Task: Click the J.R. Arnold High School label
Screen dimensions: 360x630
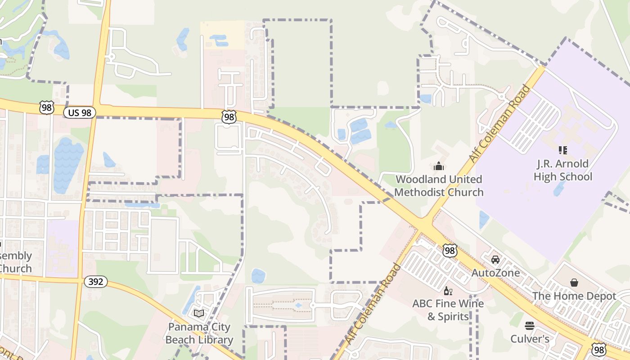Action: tap(562, 170)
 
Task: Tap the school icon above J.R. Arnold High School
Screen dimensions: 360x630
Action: tap(562, 150)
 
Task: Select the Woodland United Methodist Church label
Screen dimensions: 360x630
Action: tap(439, 186)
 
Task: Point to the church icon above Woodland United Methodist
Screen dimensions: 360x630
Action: tap(439, 166)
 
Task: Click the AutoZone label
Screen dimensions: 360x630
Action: tap(495, 273)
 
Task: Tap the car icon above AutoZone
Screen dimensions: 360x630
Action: tap(495, 260)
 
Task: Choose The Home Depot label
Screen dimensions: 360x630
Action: tap(574, 296)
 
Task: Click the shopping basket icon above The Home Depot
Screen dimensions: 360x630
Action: tap(574, 283)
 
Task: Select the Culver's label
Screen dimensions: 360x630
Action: tap(530, 338)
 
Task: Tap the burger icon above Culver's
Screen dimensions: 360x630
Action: tap(530, 325)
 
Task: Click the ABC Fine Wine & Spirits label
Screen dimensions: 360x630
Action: tap(448, 310)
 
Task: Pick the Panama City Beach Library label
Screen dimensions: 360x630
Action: tap(199, 333)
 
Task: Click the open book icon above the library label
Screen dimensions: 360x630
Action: tap(199, 313)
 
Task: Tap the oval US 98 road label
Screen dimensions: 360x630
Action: tap(80, 112)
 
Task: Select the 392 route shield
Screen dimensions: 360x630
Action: tap(95, 282)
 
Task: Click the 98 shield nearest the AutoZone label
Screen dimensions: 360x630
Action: tap(450, 251)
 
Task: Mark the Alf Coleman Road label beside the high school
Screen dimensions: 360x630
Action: tap(499, 124)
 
